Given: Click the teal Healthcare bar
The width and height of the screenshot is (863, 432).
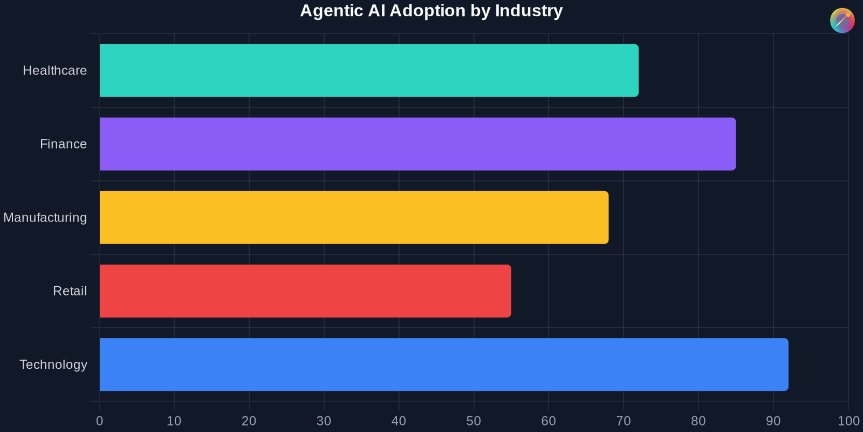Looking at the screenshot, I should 369,71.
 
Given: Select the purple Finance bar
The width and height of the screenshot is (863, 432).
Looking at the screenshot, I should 417,144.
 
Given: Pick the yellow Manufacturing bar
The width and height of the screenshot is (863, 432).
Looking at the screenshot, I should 354,218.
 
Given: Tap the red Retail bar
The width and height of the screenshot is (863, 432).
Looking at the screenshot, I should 305,291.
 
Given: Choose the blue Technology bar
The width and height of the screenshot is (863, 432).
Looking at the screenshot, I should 443,364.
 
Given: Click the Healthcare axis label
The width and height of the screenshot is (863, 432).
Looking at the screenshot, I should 54,71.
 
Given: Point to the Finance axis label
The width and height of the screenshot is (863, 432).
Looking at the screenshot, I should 63,144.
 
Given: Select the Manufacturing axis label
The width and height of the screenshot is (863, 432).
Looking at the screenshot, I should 45,218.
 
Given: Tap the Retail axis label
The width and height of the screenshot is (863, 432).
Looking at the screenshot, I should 70,291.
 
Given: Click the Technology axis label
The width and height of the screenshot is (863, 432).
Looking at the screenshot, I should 53,364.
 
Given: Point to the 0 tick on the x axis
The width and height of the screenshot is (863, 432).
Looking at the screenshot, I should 99,421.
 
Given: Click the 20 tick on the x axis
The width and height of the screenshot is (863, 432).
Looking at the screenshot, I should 249,421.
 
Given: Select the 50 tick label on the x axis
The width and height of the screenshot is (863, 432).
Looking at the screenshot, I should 474,421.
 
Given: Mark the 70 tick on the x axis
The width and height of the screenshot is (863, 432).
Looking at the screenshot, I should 624,421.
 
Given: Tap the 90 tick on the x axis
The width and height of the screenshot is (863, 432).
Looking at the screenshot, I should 773,421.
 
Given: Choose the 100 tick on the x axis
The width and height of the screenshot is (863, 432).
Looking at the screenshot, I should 848,421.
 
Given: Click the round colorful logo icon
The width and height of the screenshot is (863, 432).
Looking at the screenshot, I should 842,21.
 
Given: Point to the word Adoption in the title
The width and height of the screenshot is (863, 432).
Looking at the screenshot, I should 427,11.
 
